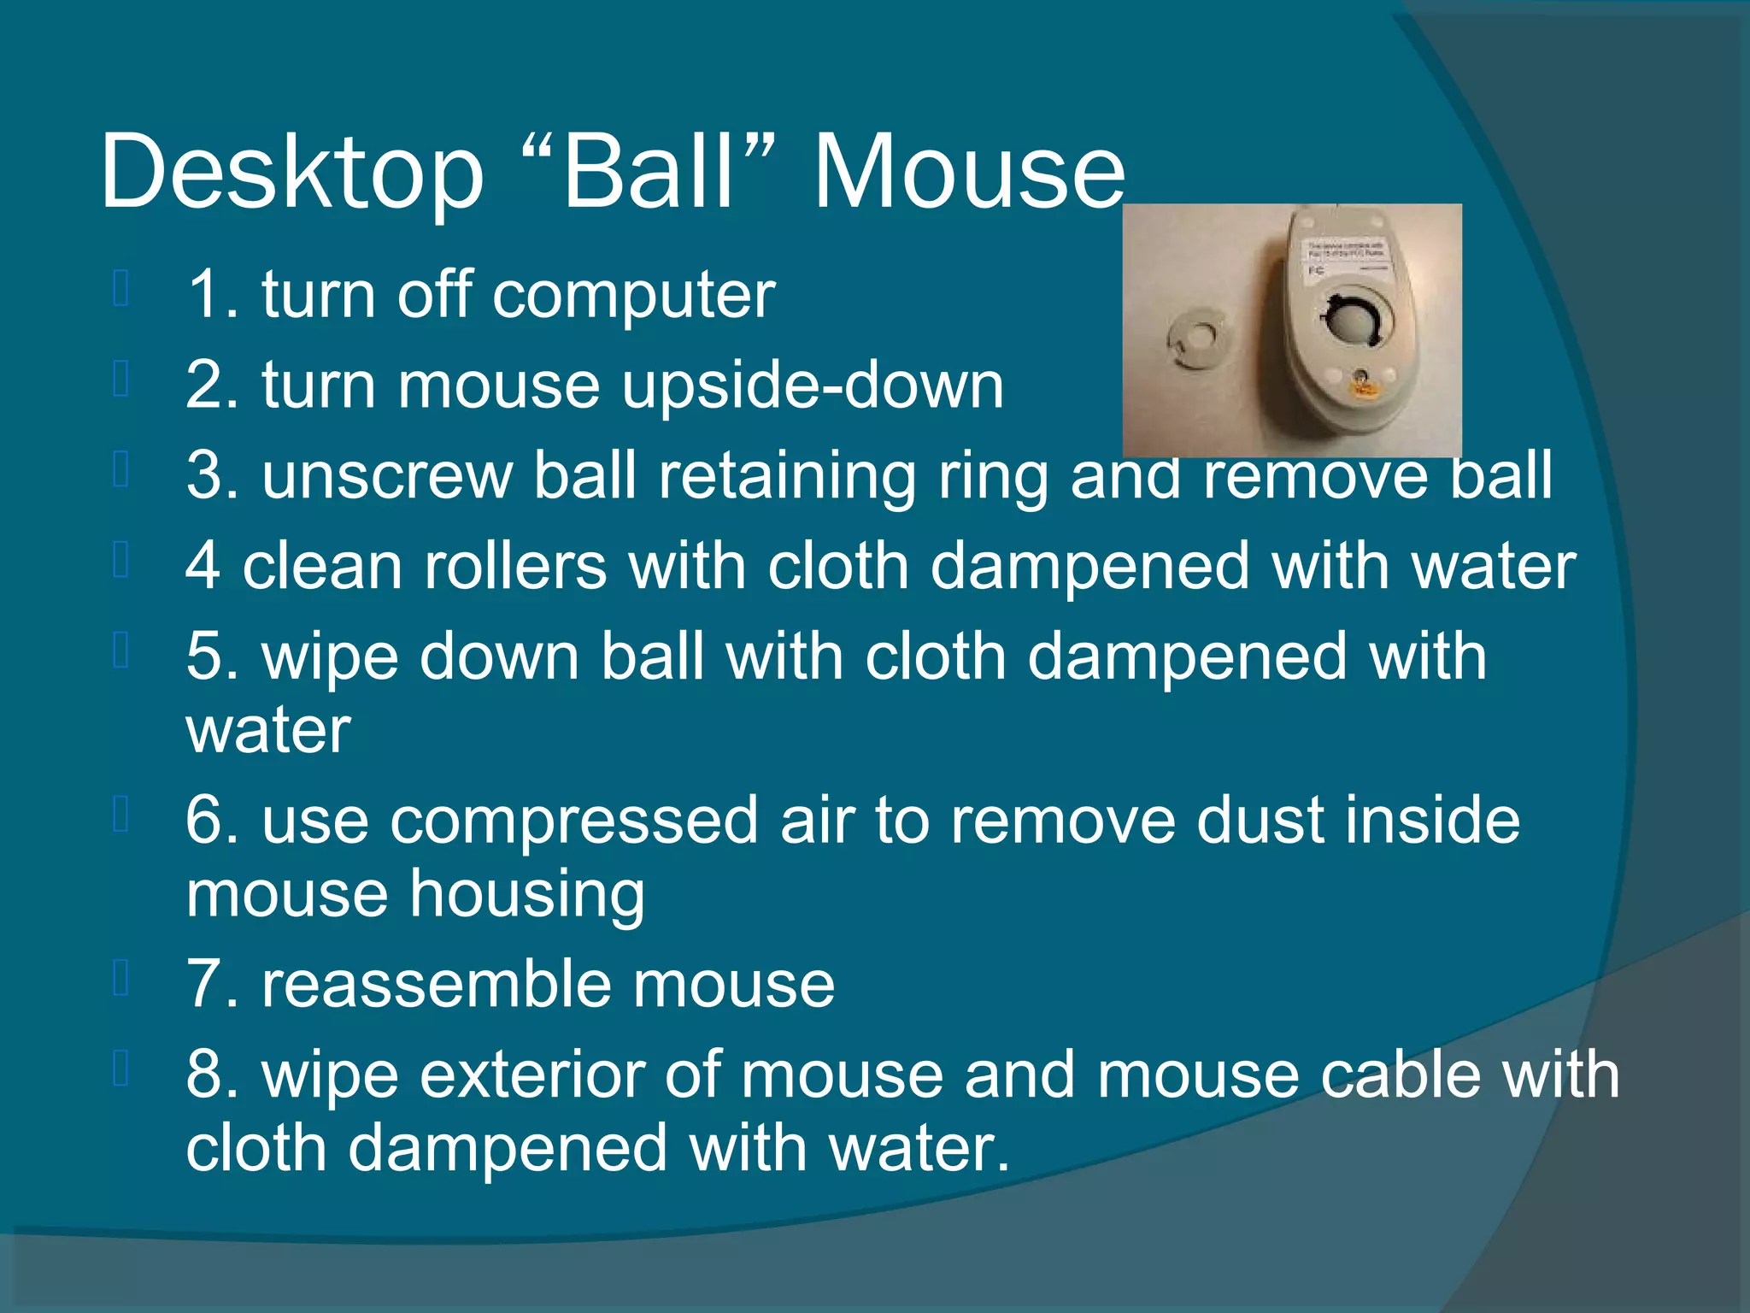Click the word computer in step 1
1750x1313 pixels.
[x=633, y=295]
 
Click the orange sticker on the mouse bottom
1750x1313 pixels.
[x=1362, y=389]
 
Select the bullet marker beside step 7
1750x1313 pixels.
[x=120, y=980]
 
